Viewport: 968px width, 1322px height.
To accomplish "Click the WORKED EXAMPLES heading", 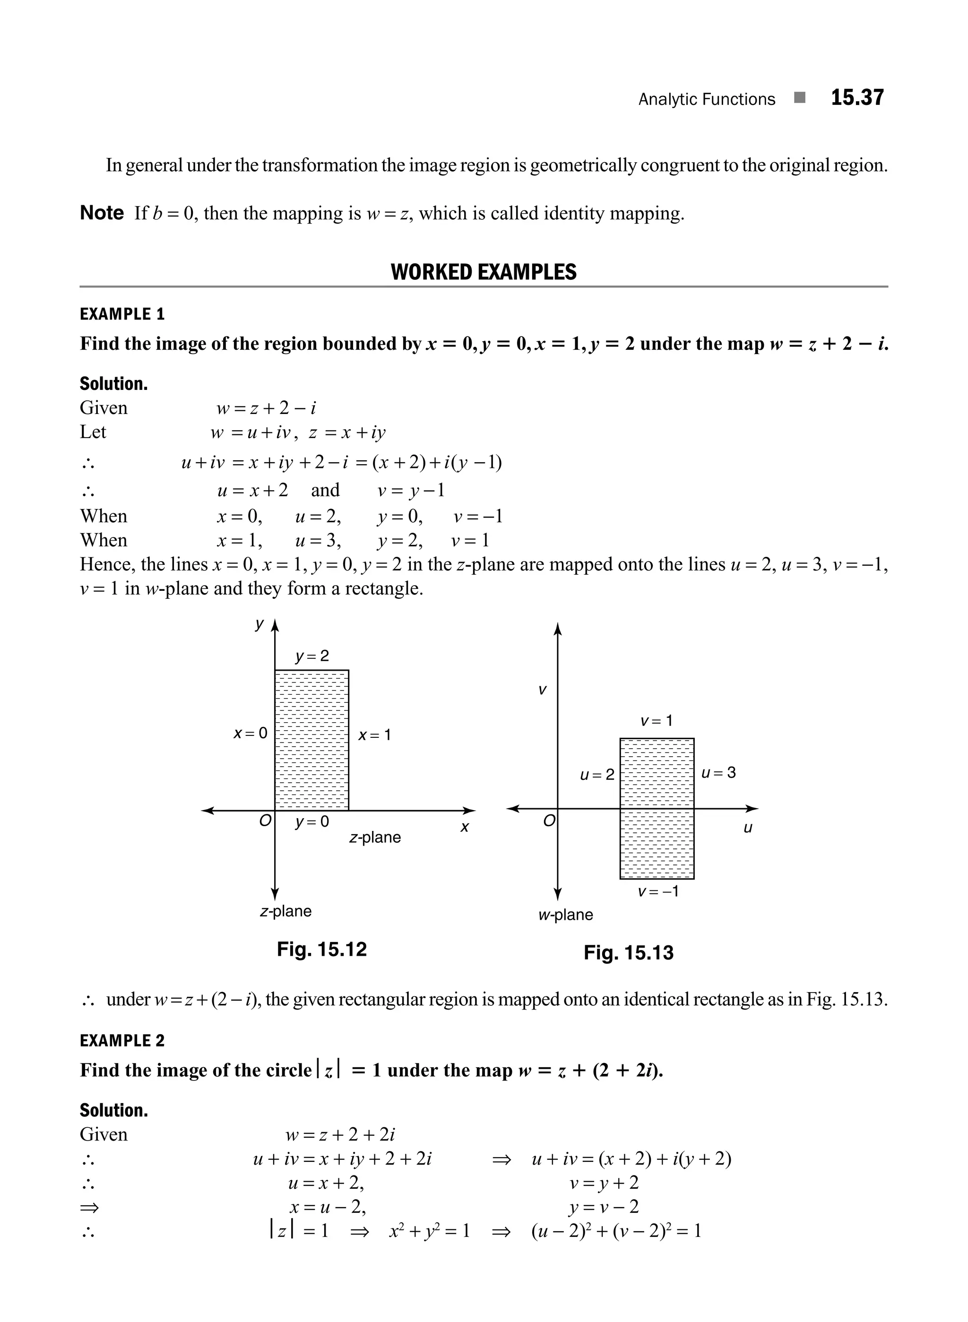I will (484, 273).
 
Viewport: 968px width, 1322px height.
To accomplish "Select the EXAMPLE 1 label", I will (122, 315).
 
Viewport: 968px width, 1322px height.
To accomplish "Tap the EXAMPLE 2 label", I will (122, 1041).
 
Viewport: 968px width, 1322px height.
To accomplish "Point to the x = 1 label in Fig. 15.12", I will (374, 735).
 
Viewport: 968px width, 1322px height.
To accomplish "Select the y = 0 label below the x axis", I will (312, 821).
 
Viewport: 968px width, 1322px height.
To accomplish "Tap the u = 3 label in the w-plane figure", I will (718, 772).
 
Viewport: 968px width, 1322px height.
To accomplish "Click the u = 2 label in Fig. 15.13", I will (597, 775).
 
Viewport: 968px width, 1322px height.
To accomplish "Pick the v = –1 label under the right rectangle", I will (658, 891).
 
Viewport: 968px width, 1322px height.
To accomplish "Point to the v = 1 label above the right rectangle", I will (656, 720).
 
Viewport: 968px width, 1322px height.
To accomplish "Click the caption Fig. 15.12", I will (322, 949).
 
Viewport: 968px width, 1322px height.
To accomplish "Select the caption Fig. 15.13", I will (628, 953).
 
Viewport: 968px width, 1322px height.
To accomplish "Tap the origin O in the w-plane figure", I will (548, 821).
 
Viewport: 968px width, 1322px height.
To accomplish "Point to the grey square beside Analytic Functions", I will (800, 98).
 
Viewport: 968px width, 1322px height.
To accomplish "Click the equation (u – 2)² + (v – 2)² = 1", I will (616, 1231).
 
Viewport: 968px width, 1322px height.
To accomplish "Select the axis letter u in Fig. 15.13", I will (748, 828).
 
